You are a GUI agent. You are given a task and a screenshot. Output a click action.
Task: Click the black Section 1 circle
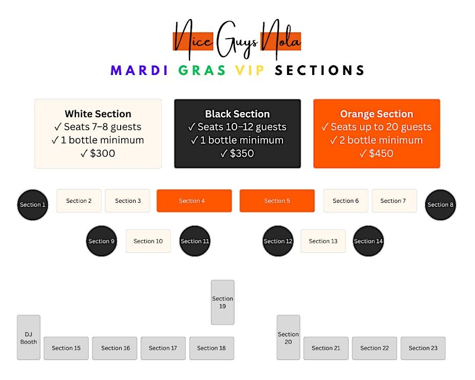(x=32, y=204)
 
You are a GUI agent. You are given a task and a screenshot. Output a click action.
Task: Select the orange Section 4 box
(x=194, y=201)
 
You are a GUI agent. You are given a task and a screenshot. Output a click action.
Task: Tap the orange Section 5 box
(x=277, y=201)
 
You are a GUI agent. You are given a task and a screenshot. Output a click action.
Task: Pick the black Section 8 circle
(x=440, y=204)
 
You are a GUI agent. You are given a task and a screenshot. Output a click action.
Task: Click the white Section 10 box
(x=148, y=241)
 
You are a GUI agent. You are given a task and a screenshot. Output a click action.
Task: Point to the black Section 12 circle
(x=278, y=241)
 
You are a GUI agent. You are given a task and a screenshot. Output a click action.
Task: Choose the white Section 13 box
(x=323, y=241)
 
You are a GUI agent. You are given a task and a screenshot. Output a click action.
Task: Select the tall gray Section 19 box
(x=222, y=302)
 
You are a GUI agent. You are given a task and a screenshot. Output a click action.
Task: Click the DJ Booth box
(x=29, y=337)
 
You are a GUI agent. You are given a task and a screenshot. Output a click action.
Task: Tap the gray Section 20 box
(x=288, y=337)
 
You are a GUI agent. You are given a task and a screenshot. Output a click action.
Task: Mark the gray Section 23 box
(x=423, y=348)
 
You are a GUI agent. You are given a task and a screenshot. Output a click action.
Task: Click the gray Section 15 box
(x=66, y=348)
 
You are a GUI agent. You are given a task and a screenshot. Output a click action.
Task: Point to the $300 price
(x=98, y=153)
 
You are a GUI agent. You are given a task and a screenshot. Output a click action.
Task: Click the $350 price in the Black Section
(x=237, y=153)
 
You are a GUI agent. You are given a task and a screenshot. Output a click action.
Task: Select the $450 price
(x=376, y=153)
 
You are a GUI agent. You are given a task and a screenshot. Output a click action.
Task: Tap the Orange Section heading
(x=376, y=114)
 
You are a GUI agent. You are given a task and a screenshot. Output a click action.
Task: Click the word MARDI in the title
(x=139, y=70)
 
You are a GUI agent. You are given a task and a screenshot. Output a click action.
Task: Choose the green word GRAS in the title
(x=202, y=70)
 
